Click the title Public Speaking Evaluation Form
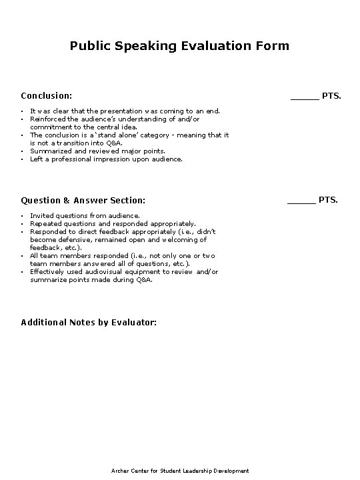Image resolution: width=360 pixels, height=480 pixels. (x=179, y=46)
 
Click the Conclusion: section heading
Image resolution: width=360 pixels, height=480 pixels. (x=47, y=96)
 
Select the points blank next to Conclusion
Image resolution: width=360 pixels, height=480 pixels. (x=304, y=97)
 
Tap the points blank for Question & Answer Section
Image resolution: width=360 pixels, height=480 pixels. (x=301, y=200)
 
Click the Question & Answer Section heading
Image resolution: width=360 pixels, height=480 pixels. (x=83, y=200)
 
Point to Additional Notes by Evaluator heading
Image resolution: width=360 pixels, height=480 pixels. (x=89, y=323)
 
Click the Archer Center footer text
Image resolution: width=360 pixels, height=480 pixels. (x=179, y=471)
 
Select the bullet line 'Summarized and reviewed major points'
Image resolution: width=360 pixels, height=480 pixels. (x=88, y=151)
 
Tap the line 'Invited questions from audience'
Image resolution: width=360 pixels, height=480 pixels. (x=85, y=216)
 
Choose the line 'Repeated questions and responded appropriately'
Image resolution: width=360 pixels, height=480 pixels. (x=113, y=224)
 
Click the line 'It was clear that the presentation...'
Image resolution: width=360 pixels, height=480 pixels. (x=125, y=111)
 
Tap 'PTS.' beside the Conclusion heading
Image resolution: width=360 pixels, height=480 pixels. (x=332, y=96)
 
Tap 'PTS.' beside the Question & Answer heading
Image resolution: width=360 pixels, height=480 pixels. (x=329, y=200)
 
